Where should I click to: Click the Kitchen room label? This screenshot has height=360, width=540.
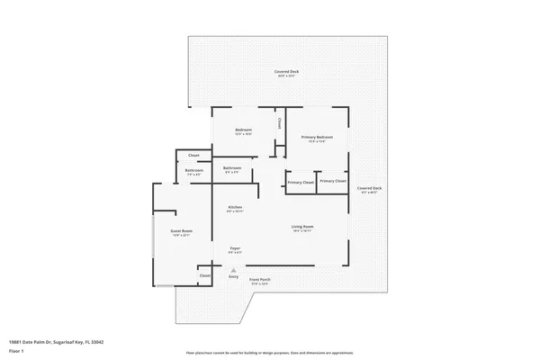click(x=235, y=208)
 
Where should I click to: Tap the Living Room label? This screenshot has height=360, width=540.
click(x=301, y=226)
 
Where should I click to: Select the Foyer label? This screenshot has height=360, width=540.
click(x=234, y=247)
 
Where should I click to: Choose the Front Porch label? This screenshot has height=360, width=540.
click(x=260, y=280)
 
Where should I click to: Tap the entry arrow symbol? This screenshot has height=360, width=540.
click(x=233, y=269)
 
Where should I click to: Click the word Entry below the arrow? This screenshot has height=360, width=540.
click(x=233, y=277)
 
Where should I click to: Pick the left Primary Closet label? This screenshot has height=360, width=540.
click(x=301, y=183)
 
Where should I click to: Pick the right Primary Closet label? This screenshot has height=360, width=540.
click(x=332, y=181)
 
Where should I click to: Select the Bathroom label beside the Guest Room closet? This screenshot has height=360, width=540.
click(x=194, y=170)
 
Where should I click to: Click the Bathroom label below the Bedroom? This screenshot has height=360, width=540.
click(x=232, y=167)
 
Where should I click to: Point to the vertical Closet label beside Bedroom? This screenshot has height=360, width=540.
click(x=279, y=123)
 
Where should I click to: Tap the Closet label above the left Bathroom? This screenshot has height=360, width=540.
click(x=193, y=155)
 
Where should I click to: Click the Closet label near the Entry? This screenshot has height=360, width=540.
click(x=205, y=275)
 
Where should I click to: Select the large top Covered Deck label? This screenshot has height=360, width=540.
click(x=287, y=71)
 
